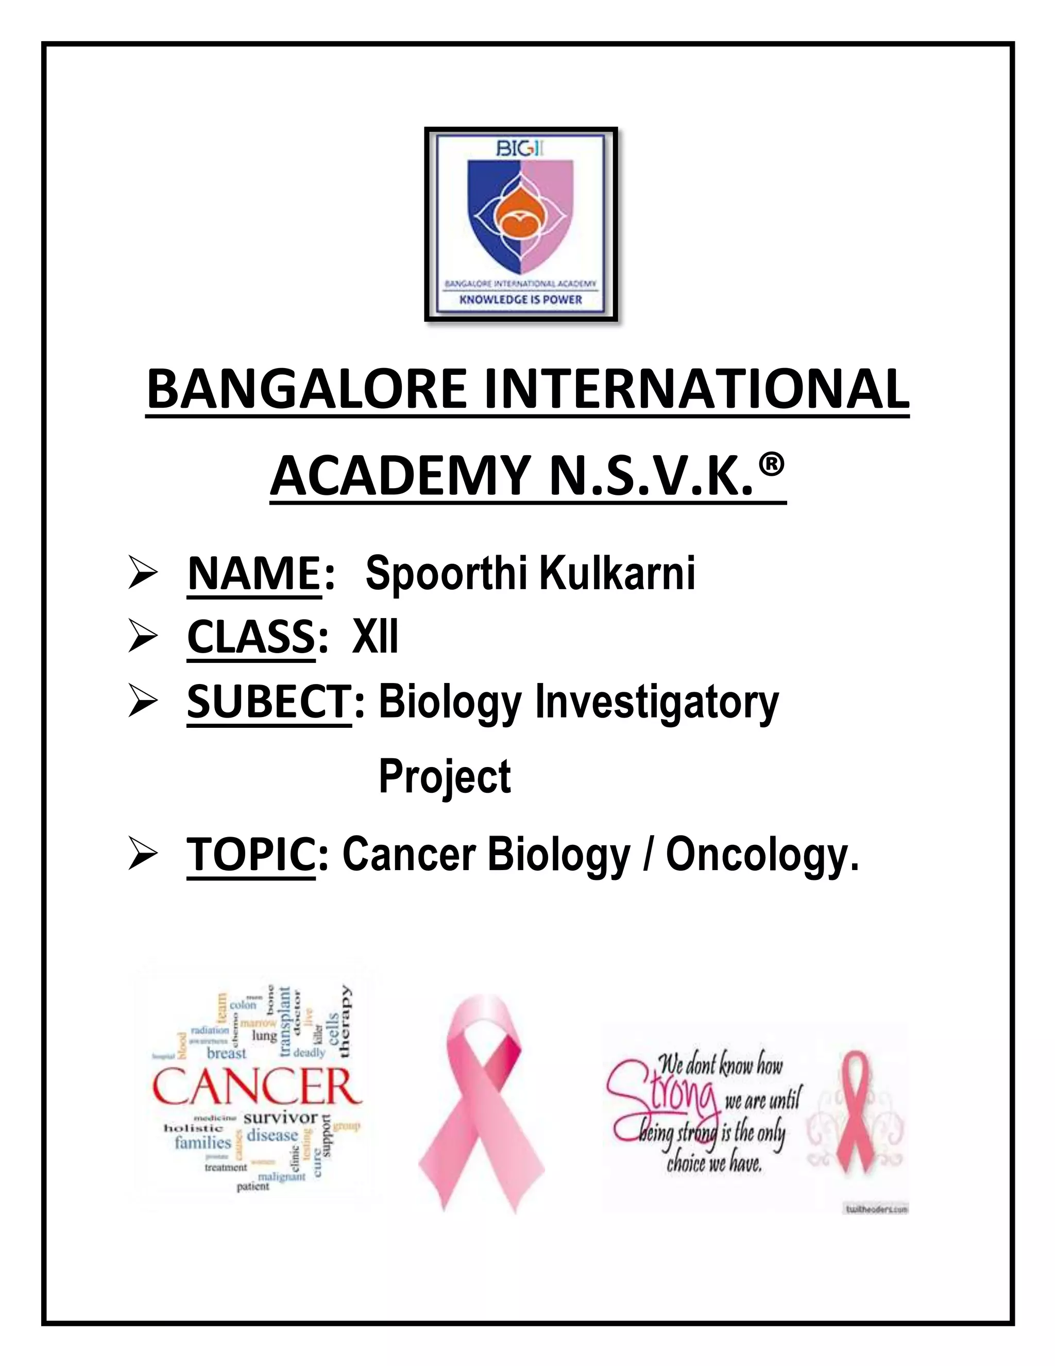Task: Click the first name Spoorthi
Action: click(445, 574)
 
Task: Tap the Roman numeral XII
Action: click(375, 637)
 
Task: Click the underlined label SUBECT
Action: click(267, 702)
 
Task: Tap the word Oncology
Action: click(762, 856)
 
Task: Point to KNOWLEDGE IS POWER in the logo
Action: click(521, 299)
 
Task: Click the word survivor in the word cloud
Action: click(281, 1118)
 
